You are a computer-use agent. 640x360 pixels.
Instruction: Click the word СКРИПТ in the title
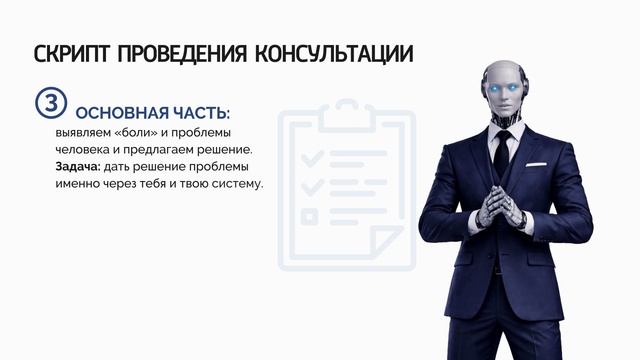click(72, 53)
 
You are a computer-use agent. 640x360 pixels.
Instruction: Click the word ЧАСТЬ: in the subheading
click(199, 113)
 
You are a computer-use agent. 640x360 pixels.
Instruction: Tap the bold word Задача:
click(78, 166)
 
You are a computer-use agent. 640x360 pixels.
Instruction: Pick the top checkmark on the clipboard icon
click(312, 158)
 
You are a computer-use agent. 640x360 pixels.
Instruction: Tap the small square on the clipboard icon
click(311, 214)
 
